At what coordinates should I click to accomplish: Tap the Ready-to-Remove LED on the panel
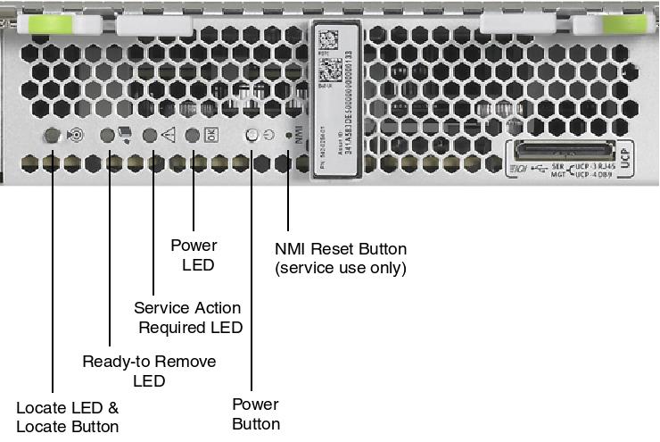point(108,135)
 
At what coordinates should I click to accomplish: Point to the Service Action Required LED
point(151,135)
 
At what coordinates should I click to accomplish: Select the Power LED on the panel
point(193,135)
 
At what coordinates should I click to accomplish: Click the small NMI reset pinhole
point(287,136)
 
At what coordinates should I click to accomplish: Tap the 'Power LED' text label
point(194,254)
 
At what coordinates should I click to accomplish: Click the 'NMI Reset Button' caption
point(342,258)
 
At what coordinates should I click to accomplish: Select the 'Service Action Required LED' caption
point(188,317)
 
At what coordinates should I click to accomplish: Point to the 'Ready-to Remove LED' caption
point(149,371)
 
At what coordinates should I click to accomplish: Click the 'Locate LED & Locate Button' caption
point(68,417)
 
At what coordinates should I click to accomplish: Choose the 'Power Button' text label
point(256,414)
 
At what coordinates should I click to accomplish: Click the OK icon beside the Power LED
point(211,135)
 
